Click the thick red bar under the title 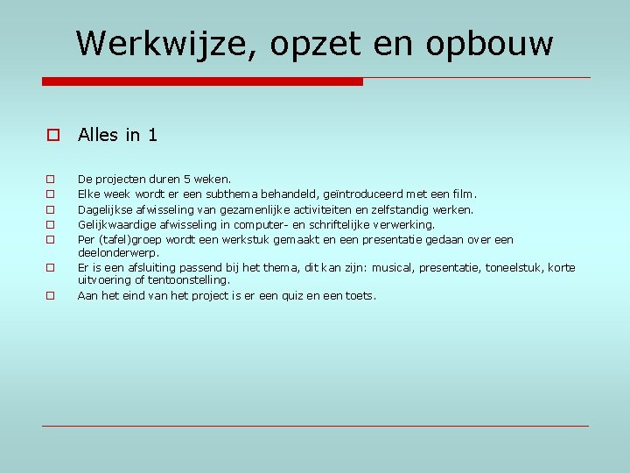click(202, 81)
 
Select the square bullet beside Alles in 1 click(52, 136)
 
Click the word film click(462, 194)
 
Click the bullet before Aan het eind click(51, 296)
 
